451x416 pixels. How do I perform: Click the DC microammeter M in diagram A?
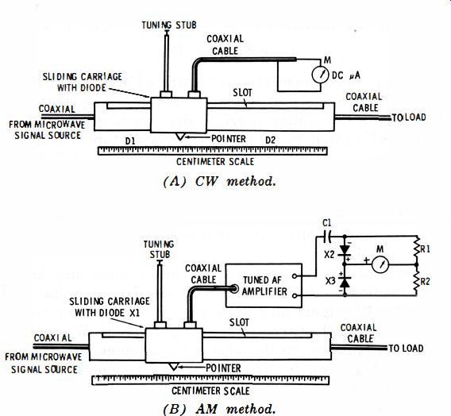[x=320, y=75]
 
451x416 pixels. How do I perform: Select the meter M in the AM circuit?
[x=380, y=264]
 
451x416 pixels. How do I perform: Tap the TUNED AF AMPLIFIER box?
[x=264, y=286]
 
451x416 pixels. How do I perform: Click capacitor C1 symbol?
[x=328, y=237]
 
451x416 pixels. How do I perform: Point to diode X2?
[x=345, y=250]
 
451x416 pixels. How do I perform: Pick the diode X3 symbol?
[x=345, y=282]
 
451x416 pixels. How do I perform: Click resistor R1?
[x=417, y=249]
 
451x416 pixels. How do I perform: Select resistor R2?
[x=417, y=281]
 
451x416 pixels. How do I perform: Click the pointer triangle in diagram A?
[x=179, y=137]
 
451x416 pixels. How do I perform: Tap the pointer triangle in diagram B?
[x=173, y=367]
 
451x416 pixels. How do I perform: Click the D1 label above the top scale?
[x=130, y=141]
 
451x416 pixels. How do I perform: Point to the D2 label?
[x=271, y=140]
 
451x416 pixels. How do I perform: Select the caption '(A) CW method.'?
[x=220, y=182]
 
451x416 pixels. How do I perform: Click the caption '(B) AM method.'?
[x=219, y=409]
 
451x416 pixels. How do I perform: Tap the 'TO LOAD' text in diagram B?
[x=406, y=349]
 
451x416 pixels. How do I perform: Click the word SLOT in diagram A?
[x=242, y=93]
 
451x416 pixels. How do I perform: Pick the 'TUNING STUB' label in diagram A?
[x=169, y=25]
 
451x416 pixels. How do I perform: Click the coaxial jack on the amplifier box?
[x=235, y=289]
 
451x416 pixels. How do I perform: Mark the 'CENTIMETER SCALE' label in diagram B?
[x=211, y=391]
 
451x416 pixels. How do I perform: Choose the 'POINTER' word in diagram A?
[x=229, y=139]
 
